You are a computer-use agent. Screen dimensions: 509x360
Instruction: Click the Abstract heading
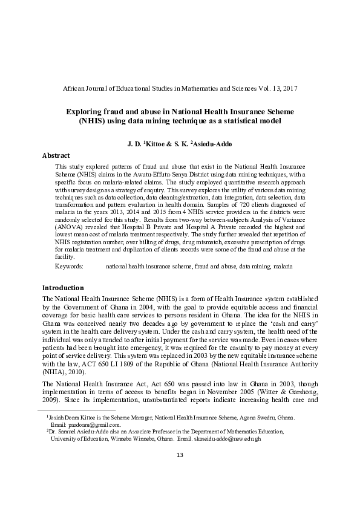(x=56, y=155)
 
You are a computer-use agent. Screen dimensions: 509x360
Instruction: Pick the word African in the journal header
(x=76, y=88)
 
